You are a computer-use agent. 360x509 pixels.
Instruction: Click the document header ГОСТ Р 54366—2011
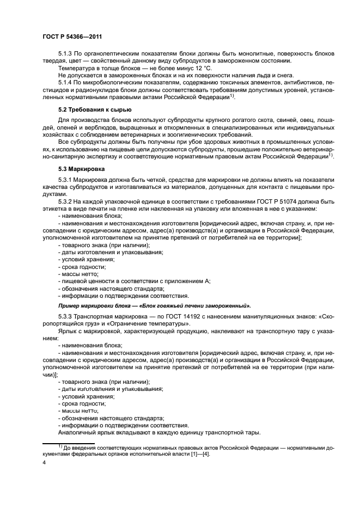tap(72, 36)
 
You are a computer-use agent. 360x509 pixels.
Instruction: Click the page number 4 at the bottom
tap(44, 462)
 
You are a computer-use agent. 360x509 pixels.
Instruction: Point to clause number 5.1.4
tap(67, 83)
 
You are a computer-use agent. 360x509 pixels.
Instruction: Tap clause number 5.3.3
tap(67, 316)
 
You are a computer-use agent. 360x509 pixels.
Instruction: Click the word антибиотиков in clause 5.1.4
tap(287, 83)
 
